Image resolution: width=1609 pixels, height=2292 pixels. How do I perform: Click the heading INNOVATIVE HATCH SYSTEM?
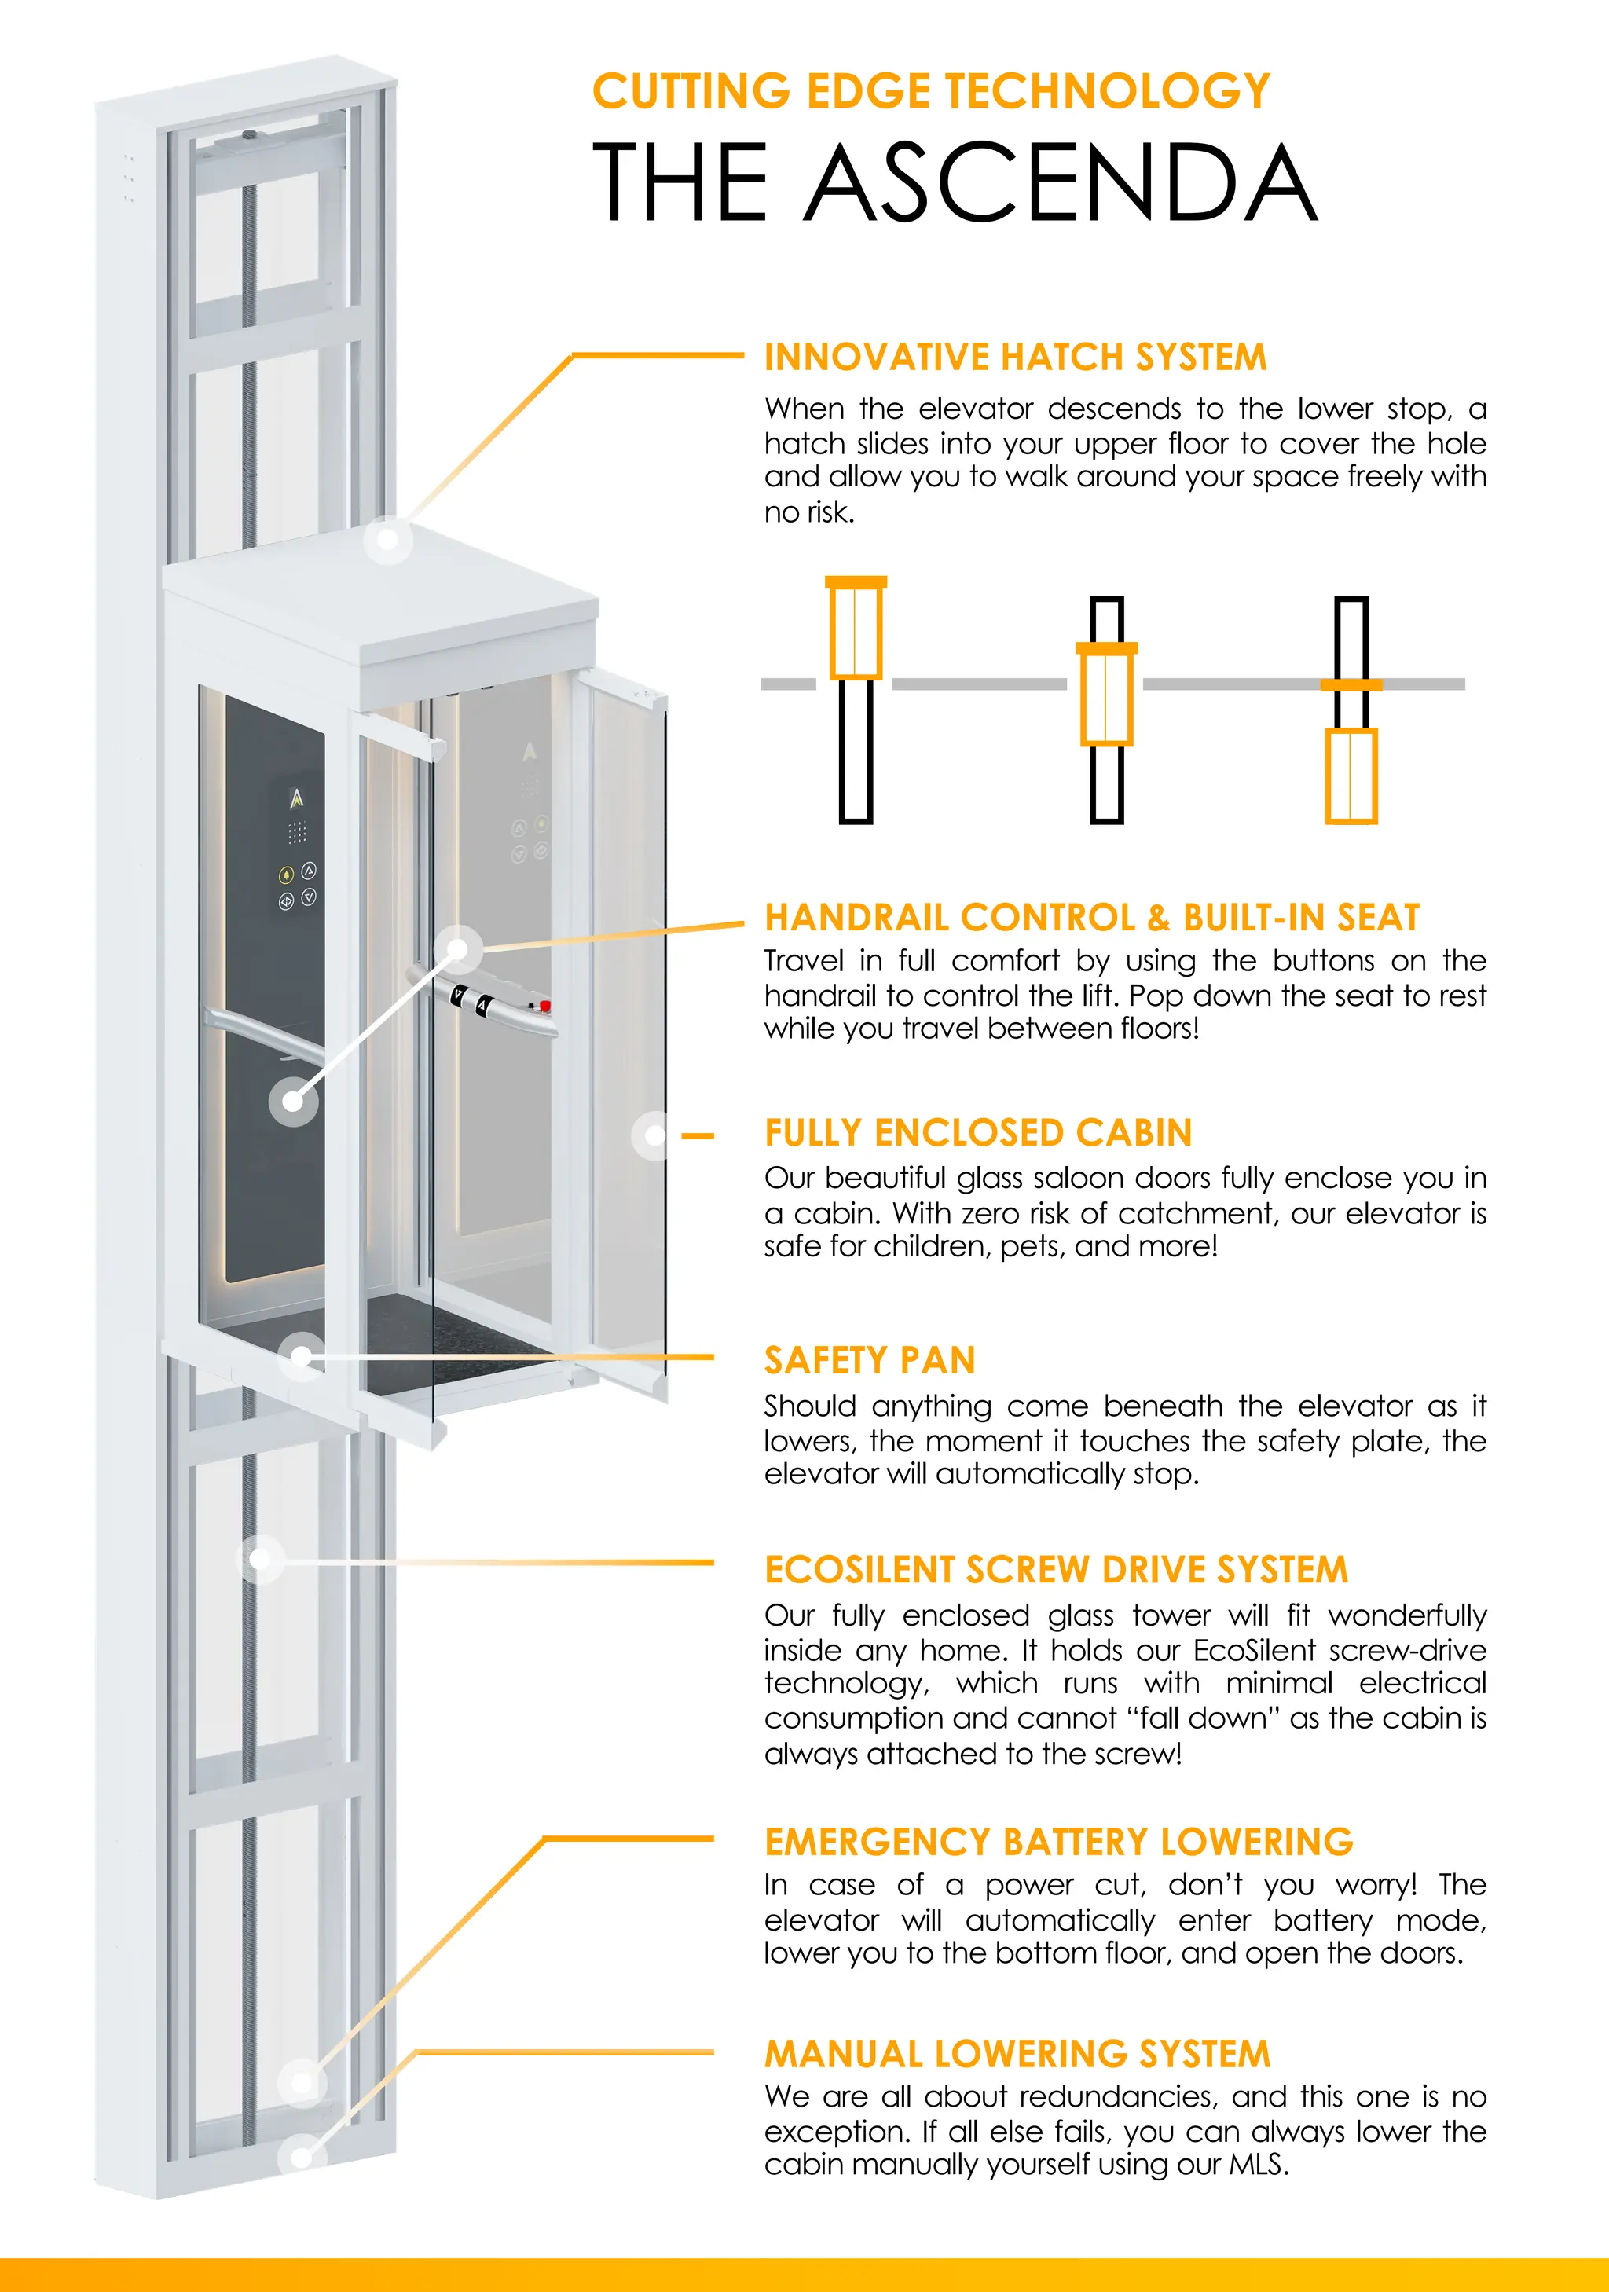tap(1015, 358)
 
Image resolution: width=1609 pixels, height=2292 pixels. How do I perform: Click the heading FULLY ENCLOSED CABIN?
tap(978, 1133)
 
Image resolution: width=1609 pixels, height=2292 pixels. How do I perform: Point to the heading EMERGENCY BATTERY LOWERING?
tap(1058, 1842)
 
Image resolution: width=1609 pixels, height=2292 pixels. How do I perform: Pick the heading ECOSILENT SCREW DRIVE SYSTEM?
tap(1056, 1570)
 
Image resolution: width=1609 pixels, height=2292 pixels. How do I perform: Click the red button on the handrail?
tap(545, 1005)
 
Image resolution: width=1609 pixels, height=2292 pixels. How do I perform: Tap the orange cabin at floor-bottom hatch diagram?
tap(1351, 776)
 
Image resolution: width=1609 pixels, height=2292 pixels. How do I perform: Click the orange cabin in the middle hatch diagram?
tap(1106, 695)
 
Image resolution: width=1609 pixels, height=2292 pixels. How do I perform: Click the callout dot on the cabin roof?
tap(388, 540)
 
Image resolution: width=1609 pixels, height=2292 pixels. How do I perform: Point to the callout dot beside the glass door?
tap(654, 1135)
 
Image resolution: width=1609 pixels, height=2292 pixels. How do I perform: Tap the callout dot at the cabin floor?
tap(302, 1357)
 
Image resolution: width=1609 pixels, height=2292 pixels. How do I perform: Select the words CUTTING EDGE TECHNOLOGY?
tap(930, 91)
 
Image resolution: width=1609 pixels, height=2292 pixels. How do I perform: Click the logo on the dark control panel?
tap(296, 798)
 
